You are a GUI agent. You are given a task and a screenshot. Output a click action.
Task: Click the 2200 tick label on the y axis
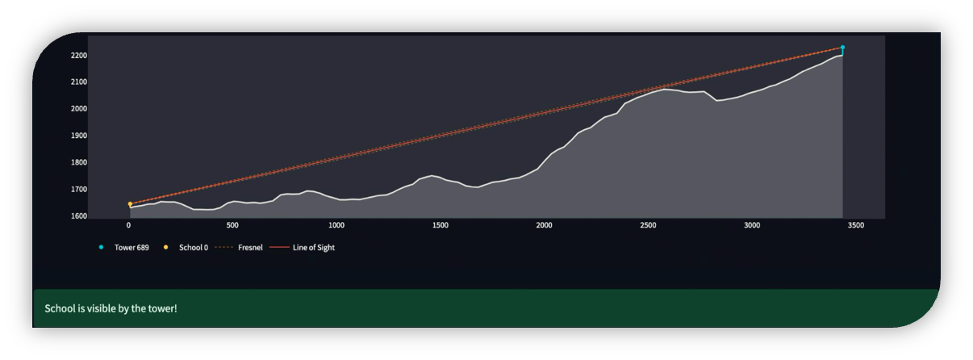tap(78, 56)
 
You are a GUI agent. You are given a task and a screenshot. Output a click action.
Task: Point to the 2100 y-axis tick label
tap(78, 82)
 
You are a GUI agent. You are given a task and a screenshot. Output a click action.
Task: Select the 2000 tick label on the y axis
tap(78, 109)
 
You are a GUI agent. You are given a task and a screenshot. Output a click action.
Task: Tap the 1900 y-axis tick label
tap(78, 136)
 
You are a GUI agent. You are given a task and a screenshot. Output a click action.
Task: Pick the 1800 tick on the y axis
tap(78, 163)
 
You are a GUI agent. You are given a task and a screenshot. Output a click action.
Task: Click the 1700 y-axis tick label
tap(78, 190)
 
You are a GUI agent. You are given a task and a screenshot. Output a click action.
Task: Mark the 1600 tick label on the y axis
tap(78, 216)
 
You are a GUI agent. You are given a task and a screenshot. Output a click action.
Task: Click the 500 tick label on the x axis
tap(232, 226)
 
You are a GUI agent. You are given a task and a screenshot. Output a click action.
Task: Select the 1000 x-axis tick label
tap(336, 226)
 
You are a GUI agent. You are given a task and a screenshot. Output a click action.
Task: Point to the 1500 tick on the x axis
tap(441, 226)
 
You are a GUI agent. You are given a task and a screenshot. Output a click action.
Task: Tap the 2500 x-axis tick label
tap(648, 226)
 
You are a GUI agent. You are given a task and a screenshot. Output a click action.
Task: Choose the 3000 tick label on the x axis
tap(752, 226)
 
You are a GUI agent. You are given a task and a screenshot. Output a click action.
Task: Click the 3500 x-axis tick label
tap(856, 226)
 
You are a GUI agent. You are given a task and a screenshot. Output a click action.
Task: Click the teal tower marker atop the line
tap(842, 48)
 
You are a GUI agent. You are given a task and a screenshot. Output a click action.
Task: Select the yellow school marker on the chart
tap(130, 204)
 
